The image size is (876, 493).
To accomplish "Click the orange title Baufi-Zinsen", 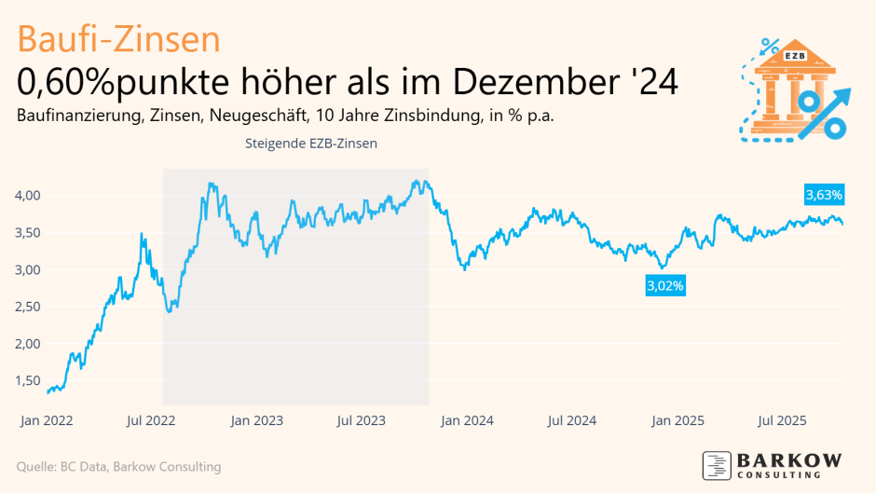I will tap(118, 39).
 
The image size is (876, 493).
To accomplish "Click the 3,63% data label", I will tap(825, 196).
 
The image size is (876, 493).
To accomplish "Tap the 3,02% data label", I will tap(665, 286).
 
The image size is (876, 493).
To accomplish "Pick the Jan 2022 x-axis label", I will tap(47, 421).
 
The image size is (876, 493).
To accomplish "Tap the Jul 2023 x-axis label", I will tap(360, 421).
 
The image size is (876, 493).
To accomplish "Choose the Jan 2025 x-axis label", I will tap(673, 421).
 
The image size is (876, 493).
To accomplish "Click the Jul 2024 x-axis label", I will tap(568, 421).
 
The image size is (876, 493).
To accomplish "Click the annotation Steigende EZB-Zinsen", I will tap(310, 144).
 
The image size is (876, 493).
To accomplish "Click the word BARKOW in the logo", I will tap(789, 460).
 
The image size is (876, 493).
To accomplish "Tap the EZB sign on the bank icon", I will tap(794, 56).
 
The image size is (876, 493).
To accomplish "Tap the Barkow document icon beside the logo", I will tap(717, 465).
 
